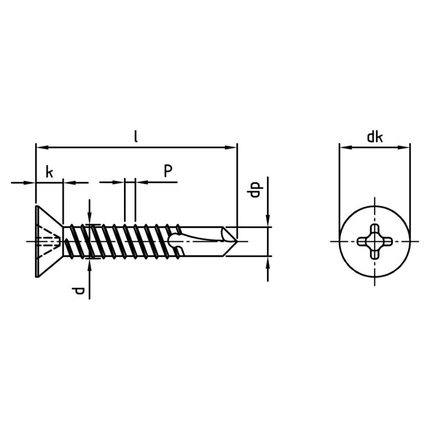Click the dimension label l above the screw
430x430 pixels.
[x=136, y=137]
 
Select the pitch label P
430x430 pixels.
[x=168, y=171]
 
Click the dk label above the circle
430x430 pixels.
[x=375, y=137]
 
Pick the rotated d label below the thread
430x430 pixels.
[x=78, y=291]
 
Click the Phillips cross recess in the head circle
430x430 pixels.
[x=375, y=242]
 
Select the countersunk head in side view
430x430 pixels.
[x=49, y=241]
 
